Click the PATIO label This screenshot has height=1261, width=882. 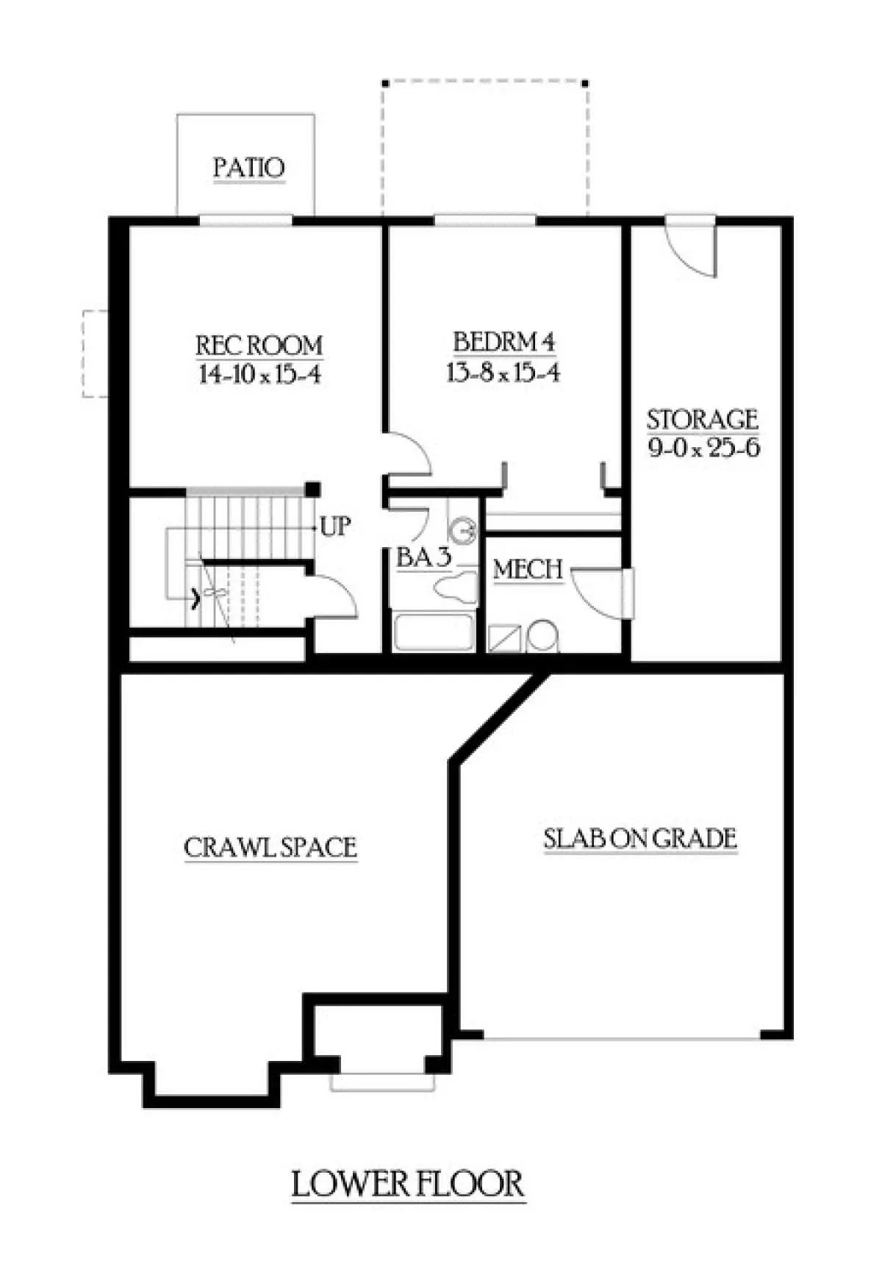pos(248,168)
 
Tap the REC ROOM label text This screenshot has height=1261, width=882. pos(259,345)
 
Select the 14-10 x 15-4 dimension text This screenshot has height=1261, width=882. pos(259,375)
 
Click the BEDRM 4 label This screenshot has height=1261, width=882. pos(503,342)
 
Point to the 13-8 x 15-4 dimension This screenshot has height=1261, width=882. pos(503,373)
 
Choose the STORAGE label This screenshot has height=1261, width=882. pos(702,419)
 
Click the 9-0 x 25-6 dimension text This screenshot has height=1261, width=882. pos(703,448)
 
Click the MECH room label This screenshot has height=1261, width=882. pos(528,569)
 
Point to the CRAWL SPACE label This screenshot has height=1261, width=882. pos(270,847)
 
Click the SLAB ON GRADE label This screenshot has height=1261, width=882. pos(639,839)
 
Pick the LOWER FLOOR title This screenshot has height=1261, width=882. pos(408,1185)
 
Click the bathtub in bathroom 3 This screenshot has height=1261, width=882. pos(434,632)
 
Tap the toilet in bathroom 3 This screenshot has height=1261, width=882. pos(455,587)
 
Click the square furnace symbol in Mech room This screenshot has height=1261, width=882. pos(506,637)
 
